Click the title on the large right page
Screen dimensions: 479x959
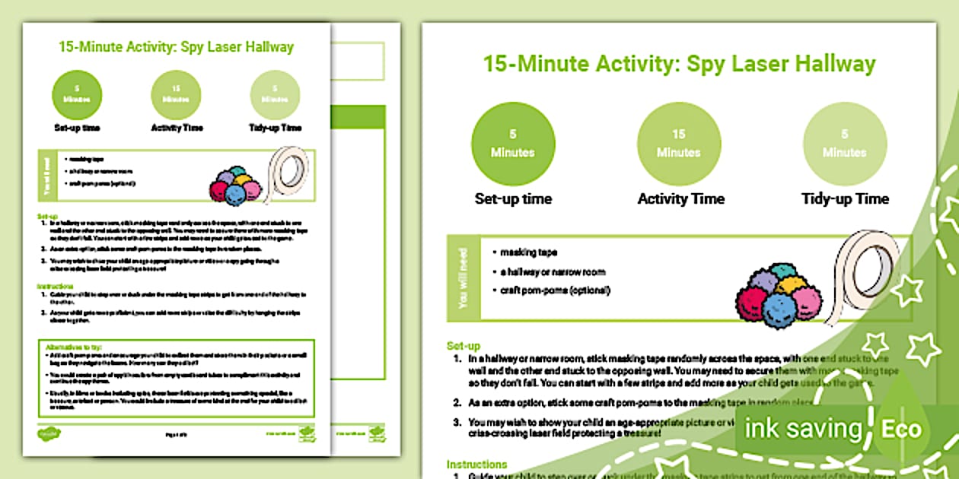[679, 64]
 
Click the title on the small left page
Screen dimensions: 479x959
[176, 47]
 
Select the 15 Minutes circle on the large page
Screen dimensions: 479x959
[678, 143]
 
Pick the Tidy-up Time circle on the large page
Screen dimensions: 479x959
[844, 143]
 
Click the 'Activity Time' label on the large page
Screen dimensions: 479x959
[680, 199]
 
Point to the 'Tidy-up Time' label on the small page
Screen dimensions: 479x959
[275, 128]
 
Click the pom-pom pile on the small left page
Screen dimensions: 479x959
[235, 186]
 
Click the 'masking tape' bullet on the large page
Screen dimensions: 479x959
[530, 252]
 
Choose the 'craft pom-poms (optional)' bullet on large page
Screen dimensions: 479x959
[555, 290]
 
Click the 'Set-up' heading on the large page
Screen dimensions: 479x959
[464, 346]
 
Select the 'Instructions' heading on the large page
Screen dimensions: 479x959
[476, 464]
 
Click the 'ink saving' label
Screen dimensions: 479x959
[802, 429]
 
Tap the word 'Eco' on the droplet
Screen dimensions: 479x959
[901, 429]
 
